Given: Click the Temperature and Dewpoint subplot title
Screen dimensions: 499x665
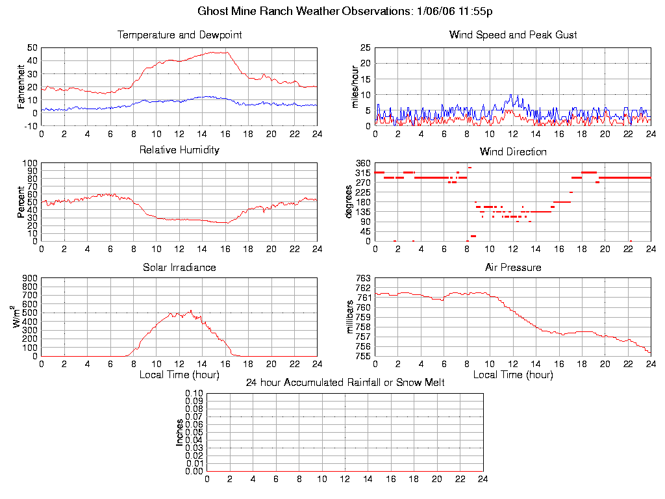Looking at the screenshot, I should pos(179,35).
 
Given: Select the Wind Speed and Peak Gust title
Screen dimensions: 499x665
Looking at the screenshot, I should pos(513,35).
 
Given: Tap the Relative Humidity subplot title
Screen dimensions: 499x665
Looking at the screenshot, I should pos(179,150).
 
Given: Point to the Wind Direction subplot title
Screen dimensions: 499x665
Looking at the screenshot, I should pos(513,152).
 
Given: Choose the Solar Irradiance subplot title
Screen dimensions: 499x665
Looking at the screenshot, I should pos(179,267).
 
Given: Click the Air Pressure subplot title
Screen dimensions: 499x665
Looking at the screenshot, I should pos(513,267).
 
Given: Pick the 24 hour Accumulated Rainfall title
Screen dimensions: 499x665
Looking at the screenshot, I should pos(345,383).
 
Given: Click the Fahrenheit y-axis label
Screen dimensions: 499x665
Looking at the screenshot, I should pos(21,86).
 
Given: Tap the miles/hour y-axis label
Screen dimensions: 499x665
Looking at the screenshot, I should pos(355,86).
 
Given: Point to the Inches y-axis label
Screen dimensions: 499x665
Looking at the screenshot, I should pos(180,432).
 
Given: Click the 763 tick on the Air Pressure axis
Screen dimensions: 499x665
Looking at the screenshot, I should pos(364,278).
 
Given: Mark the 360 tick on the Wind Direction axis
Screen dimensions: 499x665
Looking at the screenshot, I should pos(364,163).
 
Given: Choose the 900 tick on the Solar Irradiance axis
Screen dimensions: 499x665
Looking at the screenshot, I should pos(29,278).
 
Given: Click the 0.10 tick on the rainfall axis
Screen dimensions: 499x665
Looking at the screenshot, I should pos(194,393).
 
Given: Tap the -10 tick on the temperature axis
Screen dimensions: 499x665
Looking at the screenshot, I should pos(29,126).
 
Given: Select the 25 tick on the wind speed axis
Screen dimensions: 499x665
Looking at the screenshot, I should pos(365,47).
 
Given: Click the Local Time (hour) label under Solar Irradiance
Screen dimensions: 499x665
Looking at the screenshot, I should pos(179,375).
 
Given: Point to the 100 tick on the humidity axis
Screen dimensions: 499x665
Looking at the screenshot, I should pos(29,163).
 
